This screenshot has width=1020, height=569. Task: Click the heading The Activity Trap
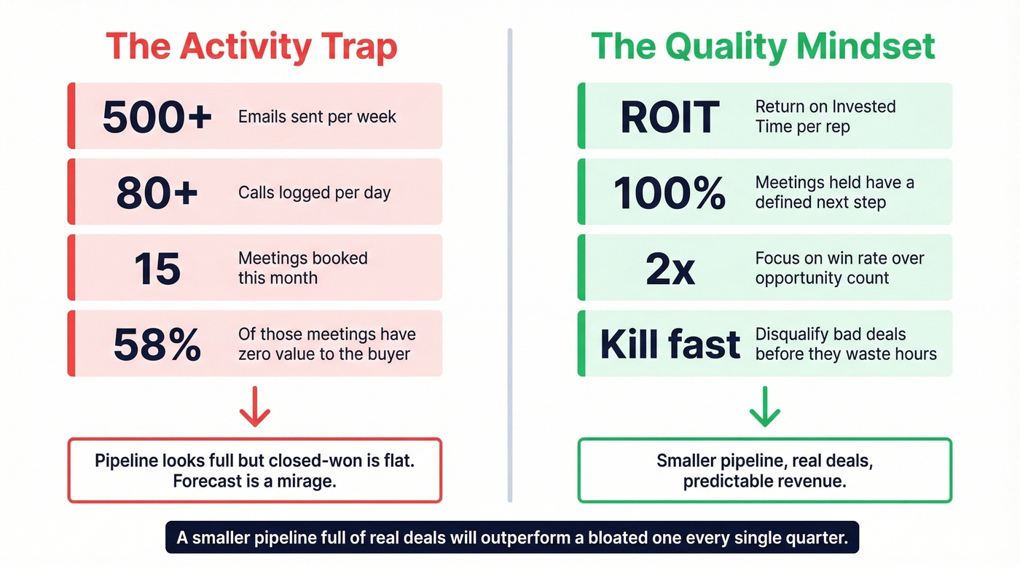[252, 47]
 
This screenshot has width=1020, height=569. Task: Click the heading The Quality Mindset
[763, 47]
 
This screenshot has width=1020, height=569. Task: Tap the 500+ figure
[157, 117]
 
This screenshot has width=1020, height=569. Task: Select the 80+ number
[157, 192]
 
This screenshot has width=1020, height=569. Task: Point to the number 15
[157, 268]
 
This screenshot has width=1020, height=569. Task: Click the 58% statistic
[157, 344]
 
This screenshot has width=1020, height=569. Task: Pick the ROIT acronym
[670, 117]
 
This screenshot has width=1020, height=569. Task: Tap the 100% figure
[670, 192]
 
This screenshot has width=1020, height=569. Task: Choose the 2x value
[670, 268]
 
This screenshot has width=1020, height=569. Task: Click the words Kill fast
[670, 344]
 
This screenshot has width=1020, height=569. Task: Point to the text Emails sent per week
[317, 117]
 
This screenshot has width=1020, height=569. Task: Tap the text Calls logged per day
[314, 193]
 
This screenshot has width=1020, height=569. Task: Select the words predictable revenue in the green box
[764, 482]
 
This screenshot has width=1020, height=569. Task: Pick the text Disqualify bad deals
[831, 334]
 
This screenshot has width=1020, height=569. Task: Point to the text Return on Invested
[825, 106]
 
